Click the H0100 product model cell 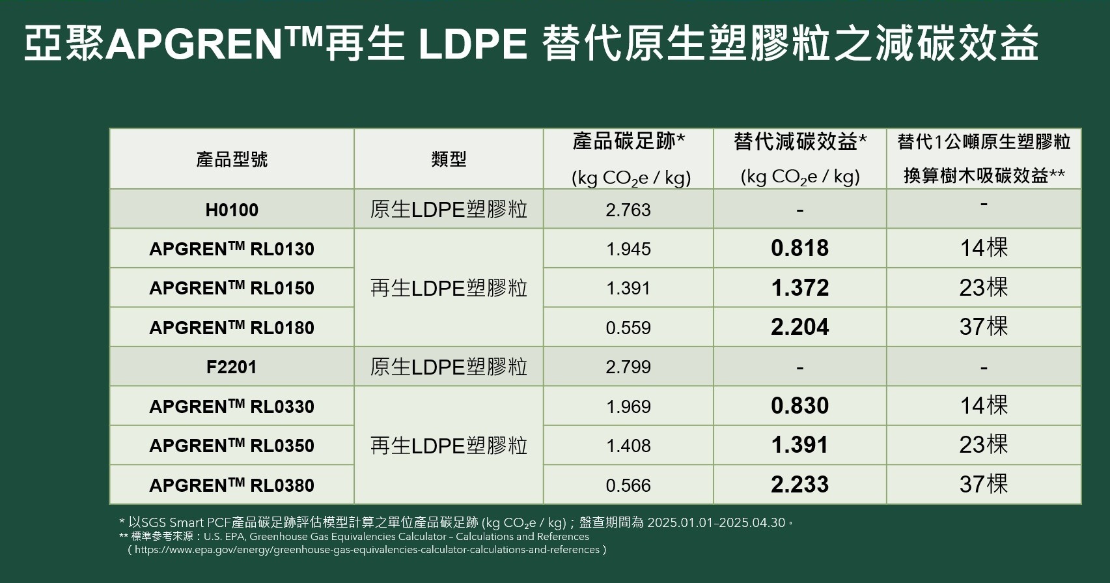click(x=232, y=210)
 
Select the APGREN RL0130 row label click(x=232, y=249)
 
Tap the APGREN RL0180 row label click(x=232, y=328)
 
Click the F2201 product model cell click(x=232, y=367)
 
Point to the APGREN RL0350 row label click(x=232, y=446)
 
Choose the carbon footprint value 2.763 click(x=628, y=210)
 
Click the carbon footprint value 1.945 click(x=628, y=249)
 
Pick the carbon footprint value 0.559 click(x=628, y=328)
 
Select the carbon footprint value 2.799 click(x=628, y=367)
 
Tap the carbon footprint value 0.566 click(x=628, y=485)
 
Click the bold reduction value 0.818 click(x=799, y=248)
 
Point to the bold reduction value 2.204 click(x=799, y=327)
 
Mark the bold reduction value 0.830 click(x=799, y=406)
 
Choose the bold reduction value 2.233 click(x=799, y=485)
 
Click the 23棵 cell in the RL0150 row click(x=983, y=287)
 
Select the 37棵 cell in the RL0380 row click(x=983, y=485)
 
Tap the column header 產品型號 click(x=232, y=159)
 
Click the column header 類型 click(x=449, y=159)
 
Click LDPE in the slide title click(x=472, y=44)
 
